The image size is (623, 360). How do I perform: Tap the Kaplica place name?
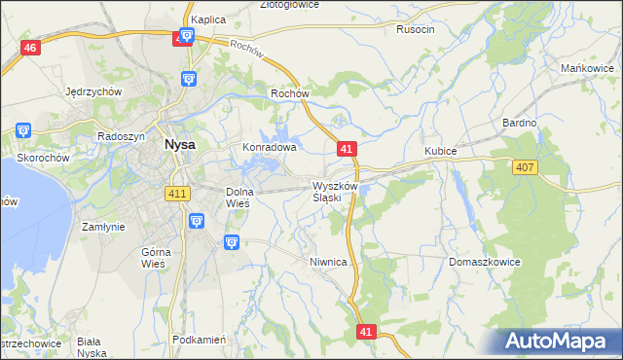tap(208, 18)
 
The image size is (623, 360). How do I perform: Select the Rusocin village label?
tap(416, 29)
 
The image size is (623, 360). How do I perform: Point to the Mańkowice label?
tap(586, 68)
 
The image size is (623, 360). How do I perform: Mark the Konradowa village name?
tap(269, 148)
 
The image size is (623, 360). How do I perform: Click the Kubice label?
tap(441, 152)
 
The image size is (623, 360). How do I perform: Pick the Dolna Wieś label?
tap(239, 198)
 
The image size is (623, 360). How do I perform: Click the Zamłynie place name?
tap(104, 226)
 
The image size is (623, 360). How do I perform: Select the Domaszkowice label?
tap(485, 263)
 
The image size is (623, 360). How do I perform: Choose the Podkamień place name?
tap(199, 340)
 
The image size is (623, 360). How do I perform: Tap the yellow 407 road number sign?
tap(525, 168)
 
